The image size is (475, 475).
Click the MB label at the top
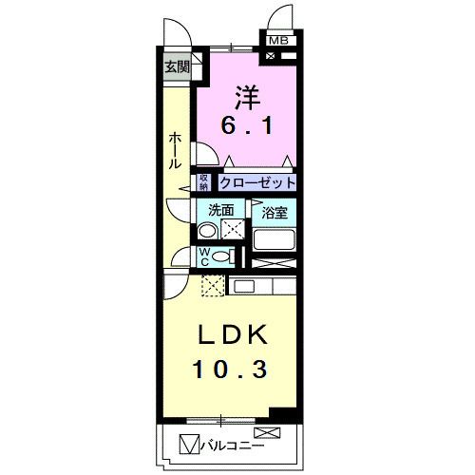pos(278,41)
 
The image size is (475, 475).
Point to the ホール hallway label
pos(176,151)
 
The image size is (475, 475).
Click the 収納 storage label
pos(204,182)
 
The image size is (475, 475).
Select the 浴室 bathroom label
pos(275,212)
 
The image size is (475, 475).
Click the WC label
pos(204,256)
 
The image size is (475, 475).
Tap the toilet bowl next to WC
pos(222,256)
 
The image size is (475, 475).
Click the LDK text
pos(235,336)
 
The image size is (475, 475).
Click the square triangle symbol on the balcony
pos(186,442)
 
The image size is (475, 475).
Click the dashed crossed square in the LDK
pos(214,284)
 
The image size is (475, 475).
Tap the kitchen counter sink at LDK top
pos(243,285)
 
